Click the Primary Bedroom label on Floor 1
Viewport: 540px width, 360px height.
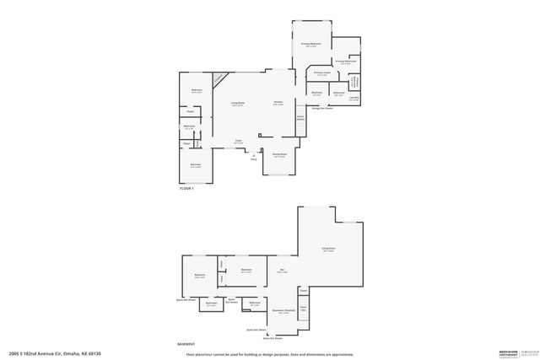(x=311, y=44)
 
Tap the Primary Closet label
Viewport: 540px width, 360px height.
(x=321, y=73)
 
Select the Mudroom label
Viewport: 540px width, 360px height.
(x=316, y=93)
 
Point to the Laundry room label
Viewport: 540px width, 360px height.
(x=353, y=97)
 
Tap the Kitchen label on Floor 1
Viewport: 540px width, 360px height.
(x=278, y=104)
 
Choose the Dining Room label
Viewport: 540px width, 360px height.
(x=279, y=155)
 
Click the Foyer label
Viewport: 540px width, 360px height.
(x=239, y=141)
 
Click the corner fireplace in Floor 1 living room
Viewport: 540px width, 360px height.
(x=219, y=78)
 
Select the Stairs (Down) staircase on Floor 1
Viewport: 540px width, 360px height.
(x=300, y=119)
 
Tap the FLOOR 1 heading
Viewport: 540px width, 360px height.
(x=187, y=189)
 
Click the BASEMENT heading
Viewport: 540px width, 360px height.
(x=186, y=344)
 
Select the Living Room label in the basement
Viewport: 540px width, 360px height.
(x=328, y=250)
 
